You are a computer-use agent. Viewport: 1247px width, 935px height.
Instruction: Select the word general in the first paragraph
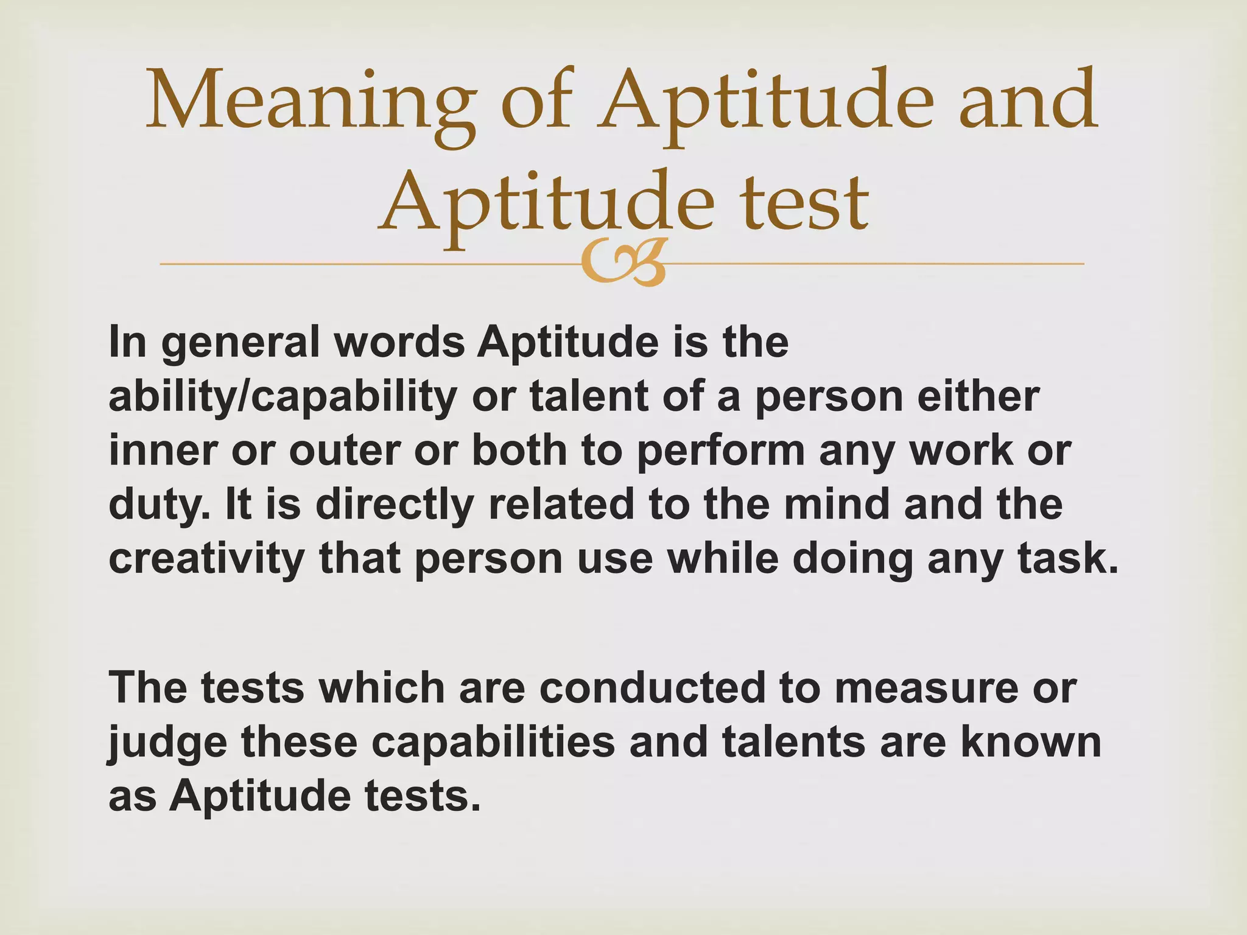tap(241, 343)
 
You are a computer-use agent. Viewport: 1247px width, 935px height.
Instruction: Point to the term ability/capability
tap(283, 397)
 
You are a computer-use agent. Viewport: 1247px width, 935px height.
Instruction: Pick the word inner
tap(163, 450)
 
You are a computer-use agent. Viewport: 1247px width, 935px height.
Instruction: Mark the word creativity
tap(206, 559)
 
